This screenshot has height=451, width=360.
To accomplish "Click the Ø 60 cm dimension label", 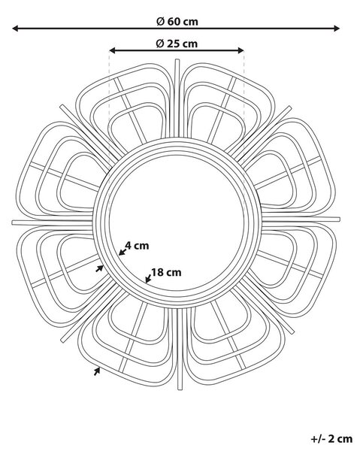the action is click(x=177, y=22).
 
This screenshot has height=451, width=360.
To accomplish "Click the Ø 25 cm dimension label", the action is click(x=177, y=44).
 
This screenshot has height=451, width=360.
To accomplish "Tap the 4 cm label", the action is click(x=137, y=246).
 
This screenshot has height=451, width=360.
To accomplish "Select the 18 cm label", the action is click(x=167, y=272).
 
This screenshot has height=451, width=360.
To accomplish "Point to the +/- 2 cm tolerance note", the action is click(x=331, y=439).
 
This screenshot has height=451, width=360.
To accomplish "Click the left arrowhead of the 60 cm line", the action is click(x=16, y=29).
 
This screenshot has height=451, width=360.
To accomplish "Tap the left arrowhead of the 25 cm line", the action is click(x=113, y=50).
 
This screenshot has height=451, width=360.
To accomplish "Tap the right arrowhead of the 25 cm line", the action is click(x=241, y=50).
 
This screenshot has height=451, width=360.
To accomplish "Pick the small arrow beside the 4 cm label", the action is click(x=123, y=252).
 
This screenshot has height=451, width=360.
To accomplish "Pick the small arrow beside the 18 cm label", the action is click(x=148, y=278).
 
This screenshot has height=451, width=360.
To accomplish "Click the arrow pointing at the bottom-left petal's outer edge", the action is click(x=97, y=371).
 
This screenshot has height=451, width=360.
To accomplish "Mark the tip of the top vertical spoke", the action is click(x=177, y=60).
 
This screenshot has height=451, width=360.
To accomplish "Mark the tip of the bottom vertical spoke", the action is click(x=180, y=389).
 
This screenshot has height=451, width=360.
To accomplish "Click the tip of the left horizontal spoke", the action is click(x=13, y=222).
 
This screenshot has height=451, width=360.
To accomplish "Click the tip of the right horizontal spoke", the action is click(x=339, y=219).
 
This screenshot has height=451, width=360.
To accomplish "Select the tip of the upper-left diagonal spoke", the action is click(x=62, y=107).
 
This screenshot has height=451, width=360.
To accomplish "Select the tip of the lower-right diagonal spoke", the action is click(x=292, y=332).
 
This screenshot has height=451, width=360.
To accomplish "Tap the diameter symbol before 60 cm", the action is click(x=160, y=22).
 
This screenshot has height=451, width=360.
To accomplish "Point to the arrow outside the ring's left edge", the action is click(x=99, y=268).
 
